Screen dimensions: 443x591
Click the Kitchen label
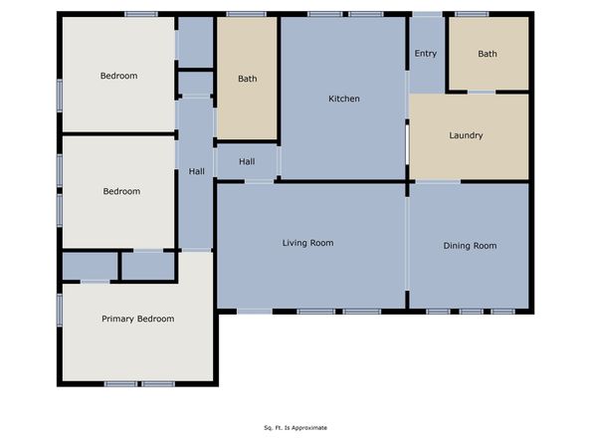344,99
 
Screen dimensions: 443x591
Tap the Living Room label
307,243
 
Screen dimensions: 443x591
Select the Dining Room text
469,246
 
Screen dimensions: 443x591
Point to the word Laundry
466,135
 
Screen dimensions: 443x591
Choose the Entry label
425,54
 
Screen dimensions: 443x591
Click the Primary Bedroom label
137,319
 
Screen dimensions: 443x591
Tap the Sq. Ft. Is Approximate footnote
295,428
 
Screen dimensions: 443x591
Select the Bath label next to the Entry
487,55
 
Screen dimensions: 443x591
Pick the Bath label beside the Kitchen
247,79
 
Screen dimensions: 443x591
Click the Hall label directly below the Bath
247,161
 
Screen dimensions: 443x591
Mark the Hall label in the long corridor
197,171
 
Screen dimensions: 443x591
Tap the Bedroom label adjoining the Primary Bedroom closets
121,191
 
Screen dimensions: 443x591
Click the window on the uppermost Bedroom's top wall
140,14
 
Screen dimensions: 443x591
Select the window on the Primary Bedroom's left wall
60,309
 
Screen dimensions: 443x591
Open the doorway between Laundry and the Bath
482,93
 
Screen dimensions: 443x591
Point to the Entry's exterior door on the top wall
427,14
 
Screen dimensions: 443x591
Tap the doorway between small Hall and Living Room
260,180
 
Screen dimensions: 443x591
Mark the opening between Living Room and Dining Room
408,249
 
